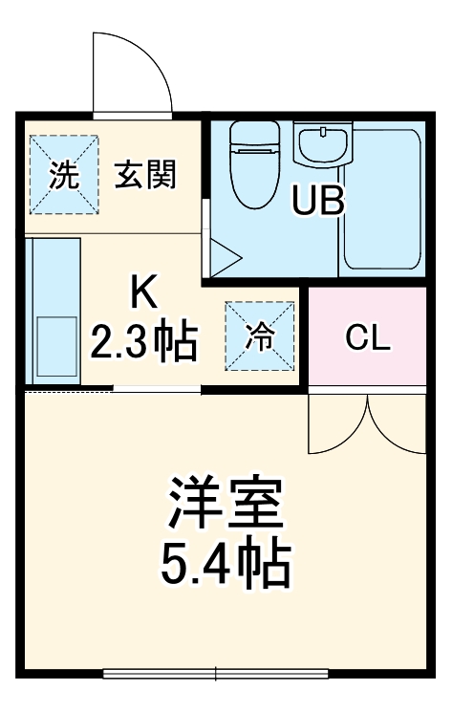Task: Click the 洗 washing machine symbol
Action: (x=63, y=174)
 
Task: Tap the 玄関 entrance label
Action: (x=147, y=175)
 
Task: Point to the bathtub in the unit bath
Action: (x=381, y=200)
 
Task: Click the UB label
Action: (x=317, y=202)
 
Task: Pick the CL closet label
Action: (x=367, y=337)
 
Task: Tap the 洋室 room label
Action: (x=226, y=503)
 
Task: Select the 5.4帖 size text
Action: (x=226, y=563)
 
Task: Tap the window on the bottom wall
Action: (x=216, y=675)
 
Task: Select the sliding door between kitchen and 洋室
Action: (x=158, y=389)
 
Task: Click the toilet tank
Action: (x=252, y=133)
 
